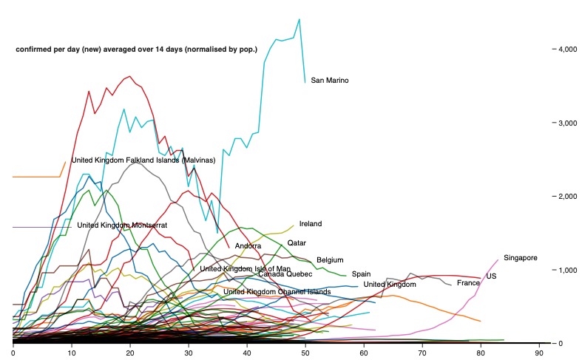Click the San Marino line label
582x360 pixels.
point(329,81)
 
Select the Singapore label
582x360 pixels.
point(520,258)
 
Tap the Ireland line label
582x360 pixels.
point(310,224)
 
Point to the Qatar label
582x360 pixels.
point(297,243)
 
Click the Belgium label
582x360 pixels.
point(330,260)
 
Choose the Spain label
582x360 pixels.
point(361,275)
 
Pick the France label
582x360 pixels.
point(468,283)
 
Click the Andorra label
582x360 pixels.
point(248,246)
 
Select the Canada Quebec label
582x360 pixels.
point(285,274)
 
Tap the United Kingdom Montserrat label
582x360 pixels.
point(122,225)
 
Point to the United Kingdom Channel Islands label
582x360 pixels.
point(277,292)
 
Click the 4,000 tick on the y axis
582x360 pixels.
point(567,50)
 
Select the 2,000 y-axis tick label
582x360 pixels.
point(567,197)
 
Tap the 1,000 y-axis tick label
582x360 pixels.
point(567,271)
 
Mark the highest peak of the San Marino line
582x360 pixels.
point(299,19)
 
